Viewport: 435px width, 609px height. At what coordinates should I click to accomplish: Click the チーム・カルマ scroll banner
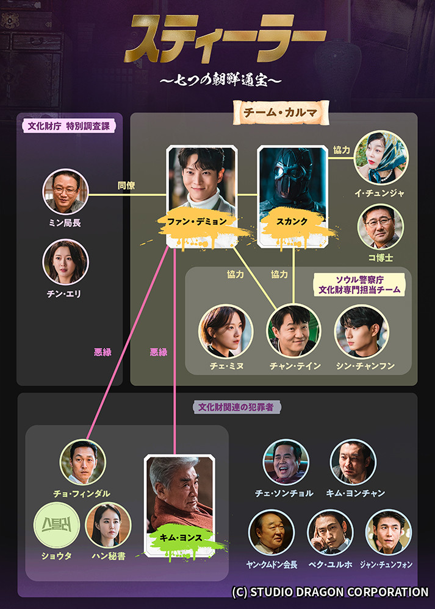click(281, 113)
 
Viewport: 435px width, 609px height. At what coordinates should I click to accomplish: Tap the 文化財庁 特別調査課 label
click(69, 126)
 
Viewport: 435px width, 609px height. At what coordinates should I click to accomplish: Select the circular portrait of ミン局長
click(65, 191)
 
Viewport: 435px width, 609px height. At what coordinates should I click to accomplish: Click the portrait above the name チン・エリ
click(65, 262)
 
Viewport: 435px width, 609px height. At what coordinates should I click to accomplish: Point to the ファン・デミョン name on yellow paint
click(196, 222)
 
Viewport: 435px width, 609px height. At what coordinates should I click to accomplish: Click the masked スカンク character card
click(293, 196)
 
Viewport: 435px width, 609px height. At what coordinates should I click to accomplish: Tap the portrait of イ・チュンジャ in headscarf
click(381, 157)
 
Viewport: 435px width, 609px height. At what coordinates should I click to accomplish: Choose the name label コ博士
click(381, 258)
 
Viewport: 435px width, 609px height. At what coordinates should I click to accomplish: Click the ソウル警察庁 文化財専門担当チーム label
click(359, 284)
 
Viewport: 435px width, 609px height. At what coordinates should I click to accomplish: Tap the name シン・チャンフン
click(365, 366)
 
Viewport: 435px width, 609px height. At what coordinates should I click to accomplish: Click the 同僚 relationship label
click(126, 186)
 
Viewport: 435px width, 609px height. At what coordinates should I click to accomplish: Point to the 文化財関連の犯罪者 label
click(236, 407)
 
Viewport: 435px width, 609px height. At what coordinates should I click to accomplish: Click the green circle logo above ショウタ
click(56, 525)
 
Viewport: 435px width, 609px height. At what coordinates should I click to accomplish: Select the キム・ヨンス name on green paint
click(181, 538)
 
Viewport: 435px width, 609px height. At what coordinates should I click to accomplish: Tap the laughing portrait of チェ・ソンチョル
click(286, 462)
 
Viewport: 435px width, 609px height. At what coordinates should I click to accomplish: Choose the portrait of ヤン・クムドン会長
click(271, 532)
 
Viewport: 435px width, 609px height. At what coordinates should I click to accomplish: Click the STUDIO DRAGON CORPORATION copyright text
click(330, 592)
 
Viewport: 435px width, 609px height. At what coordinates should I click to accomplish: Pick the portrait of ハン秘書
click(108, 525)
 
